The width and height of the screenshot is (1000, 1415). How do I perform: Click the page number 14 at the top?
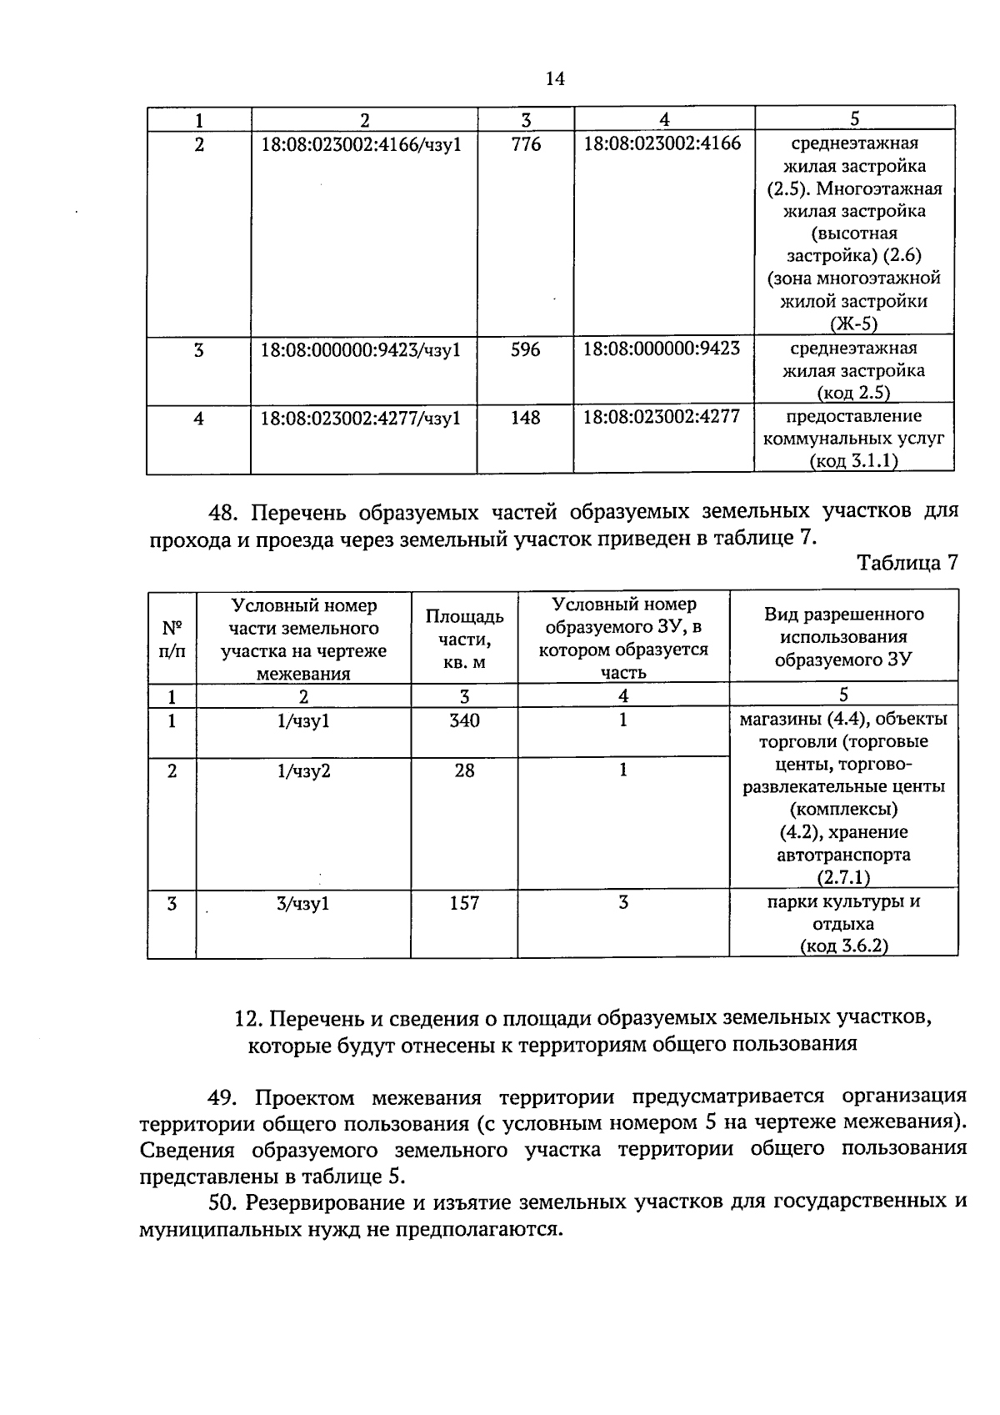(x=555, y=78)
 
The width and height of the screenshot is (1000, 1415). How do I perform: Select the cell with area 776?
(x=525, y=144)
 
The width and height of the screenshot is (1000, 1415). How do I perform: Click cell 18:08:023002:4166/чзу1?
(x=361, y=144)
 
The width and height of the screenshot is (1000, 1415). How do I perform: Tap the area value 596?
(x=525, y=349)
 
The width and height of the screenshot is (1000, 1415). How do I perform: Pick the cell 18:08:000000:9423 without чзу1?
(x=661, y=349)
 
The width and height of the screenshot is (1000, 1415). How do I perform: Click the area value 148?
(x=525, y=418)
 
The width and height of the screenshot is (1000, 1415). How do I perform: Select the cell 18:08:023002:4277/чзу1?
(x=361, y=418)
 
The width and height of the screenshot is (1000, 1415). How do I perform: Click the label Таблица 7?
(x=907, y=562)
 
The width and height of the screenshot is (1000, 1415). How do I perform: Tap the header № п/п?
(x=172, y=639)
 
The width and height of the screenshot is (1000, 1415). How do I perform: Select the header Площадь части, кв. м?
(x=464, y=639)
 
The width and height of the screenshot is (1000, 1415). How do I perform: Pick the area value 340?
(x=464, y=720)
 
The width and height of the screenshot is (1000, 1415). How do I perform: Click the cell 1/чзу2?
(x=303, y=771)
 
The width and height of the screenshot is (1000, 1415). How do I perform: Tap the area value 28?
(x=464, y=770)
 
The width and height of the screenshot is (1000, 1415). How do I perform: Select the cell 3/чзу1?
(x=303, y=903)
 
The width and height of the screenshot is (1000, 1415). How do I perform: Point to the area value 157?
(x=464, y=903)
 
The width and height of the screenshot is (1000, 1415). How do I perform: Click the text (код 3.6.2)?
(x=843, y=946)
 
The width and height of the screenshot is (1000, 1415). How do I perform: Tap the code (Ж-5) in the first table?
(x=853, y=324)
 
